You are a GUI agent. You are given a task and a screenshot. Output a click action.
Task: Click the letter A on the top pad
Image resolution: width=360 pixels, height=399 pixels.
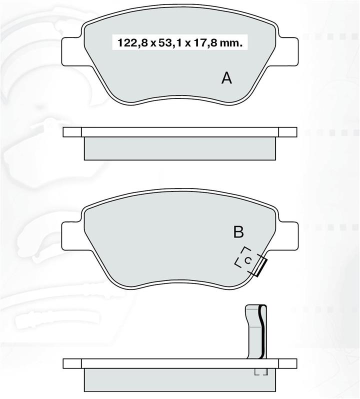(x=226, y=78)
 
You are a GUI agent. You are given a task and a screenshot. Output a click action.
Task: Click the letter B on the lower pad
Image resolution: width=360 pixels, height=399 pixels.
(x=238, y=232)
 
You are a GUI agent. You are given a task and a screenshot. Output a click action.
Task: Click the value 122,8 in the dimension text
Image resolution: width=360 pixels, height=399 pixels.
(x=132, y=43)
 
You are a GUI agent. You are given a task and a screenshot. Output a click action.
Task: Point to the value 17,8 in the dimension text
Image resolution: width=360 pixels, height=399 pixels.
(x=204, y=43)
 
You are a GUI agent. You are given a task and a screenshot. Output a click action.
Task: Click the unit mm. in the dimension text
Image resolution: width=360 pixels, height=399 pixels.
(x=230, y=43)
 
